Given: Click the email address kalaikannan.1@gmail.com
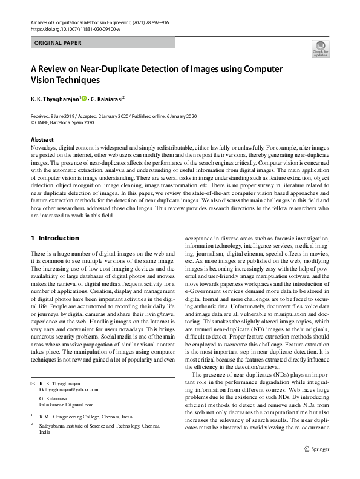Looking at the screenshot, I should [x=66, y=405].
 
